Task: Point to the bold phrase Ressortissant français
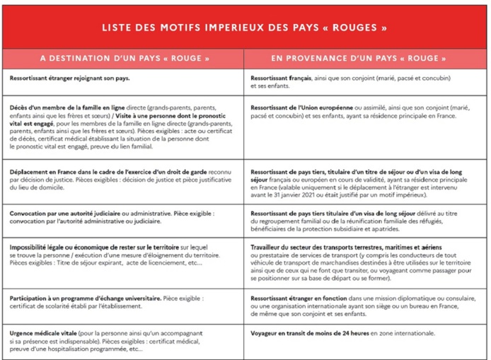(x=282, y=78)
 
